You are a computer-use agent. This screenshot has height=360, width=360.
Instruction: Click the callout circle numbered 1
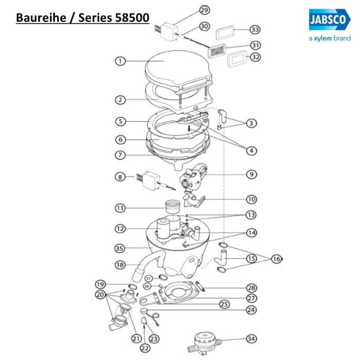[x=120, y=61]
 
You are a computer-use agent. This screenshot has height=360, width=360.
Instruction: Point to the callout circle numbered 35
[x=120, y=248]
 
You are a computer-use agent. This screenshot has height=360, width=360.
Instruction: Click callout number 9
[x=252, y=174]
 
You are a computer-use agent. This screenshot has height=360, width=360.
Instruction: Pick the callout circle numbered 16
[x=276, y=259]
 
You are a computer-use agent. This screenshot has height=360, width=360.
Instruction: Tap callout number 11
[x=120, y=208]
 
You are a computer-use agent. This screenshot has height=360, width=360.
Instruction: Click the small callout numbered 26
[x=147, y=286]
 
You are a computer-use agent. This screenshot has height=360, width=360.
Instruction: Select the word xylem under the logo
[x=324, y=39]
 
